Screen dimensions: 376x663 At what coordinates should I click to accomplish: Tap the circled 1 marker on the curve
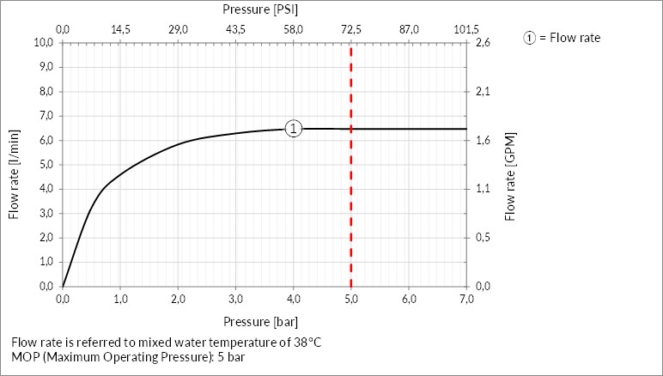293,129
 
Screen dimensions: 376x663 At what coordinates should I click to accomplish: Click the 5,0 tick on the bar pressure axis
350,299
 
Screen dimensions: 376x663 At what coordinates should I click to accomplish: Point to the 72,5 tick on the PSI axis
351,29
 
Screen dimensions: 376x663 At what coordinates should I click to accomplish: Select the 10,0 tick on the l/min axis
43,42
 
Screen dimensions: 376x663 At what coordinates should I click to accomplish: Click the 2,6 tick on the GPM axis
483,42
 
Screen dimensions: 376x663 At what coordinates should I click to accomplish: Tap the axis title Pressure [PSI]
260,10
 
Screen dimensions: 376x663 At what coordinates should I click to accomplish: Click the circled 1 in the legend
530,38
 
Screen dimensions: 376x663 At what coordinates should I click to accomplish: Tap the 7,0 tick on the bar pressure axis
466,299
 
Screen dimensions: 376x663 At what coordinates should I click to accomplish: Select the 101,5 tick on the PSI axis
466,29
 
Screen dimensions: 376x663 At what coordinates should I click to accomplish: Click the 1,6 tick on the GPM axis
483,140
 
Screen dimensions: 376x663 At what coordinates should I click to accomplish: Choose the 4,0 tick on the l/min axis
43,189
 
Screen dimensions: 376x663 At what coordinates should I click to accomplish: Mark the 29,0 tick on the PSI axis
178,29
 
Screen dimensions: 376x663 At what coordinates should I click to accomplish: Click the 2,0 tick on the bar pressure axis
178,299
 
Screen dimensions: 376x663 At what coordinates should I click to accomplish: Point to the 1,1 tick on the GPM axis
483,189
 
